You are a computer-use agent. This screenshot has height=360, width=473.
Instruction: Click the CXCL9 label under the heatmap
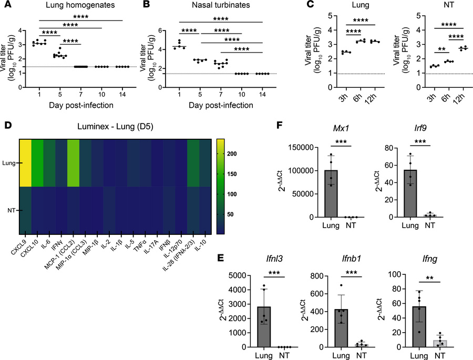coord(24,243)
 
